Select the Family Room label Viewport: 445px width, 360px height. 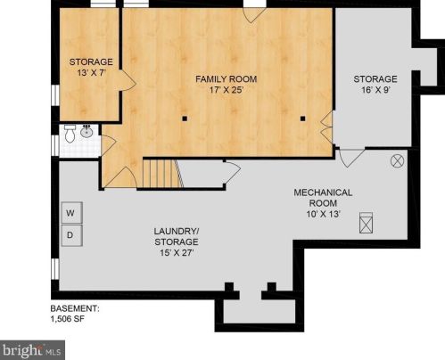click(227, 79)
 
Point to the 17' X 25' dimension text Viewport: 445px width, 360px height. click(227, 91)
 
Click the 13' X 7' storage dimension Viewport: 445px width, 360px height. click(91, 74)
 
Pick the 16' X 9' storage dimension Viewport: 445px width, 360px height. click(375, 90)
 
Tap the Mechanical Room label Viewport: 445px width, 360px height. click(324, 197)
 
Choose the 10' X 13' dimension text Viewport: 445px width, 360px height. click(324, 213)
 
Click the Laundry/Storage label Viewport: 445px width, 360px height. click(175, 235)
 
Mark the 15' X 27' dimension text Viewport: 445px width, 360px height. click(175, 253)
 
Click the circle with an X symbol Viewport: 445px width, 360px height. click(398, 161)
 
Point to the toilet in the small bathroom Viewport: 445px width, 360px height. click(70, 134)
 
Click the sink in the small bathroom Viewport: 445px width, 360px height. click(87, 132)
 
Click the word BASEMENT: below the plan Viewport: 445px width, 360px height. click(74, 308)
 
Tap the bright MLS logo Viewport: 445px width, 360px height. click(32, 348)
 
